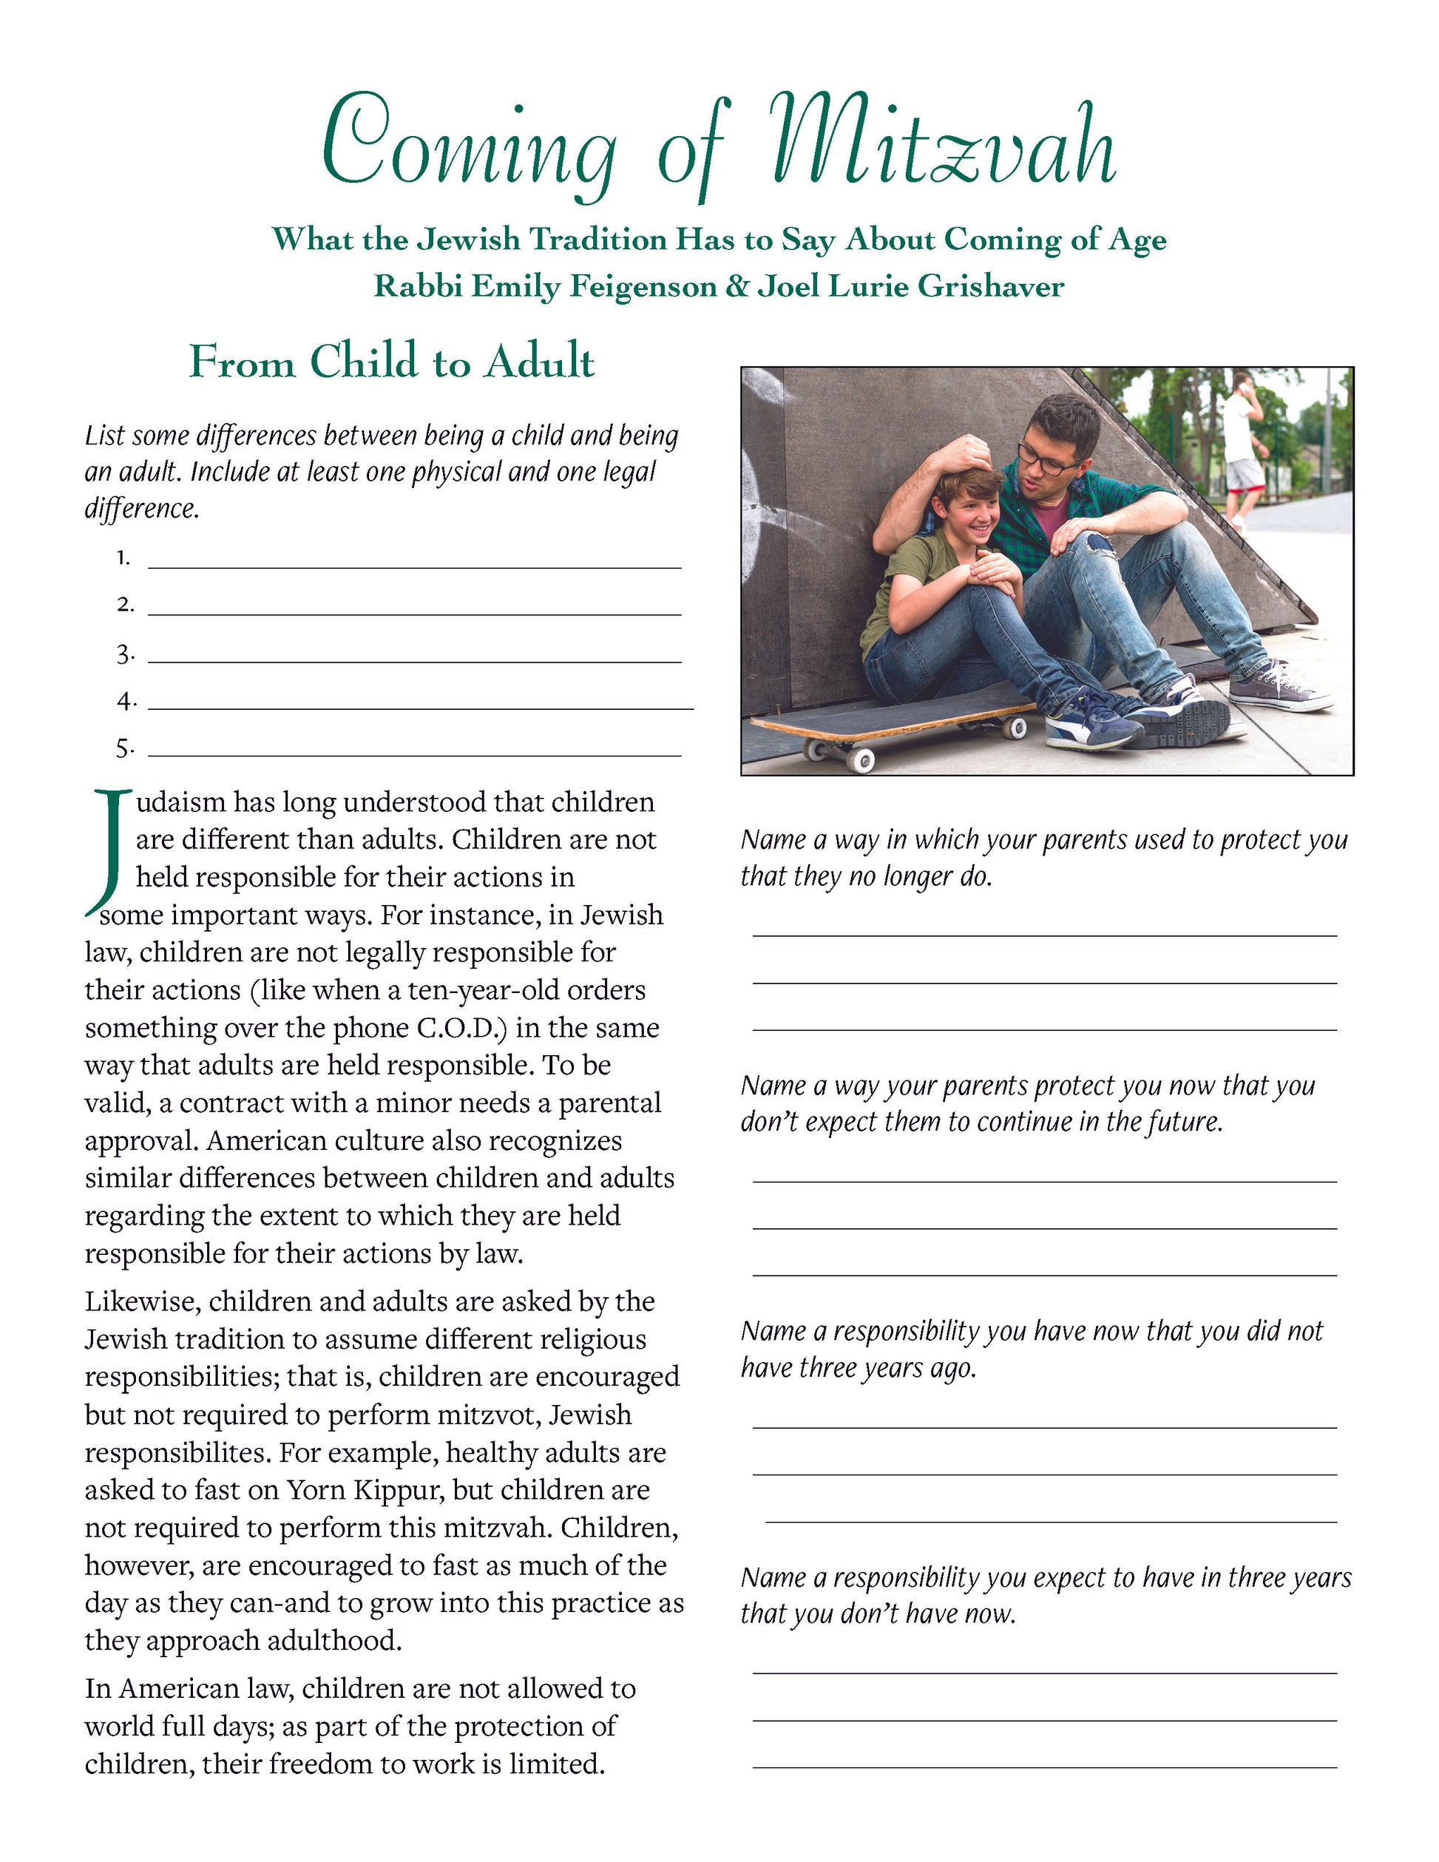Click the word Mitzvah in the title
[942, 145]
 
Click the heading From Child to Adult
[391, 362]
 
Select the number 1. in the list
[124, 558]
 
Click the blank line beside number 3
[414, 661]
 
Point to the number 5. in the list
[125, 749]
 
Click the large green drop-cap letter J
[107, 848]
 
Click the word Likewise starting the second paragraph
[143, 1302]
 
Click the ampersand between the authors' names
[736, 285]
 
